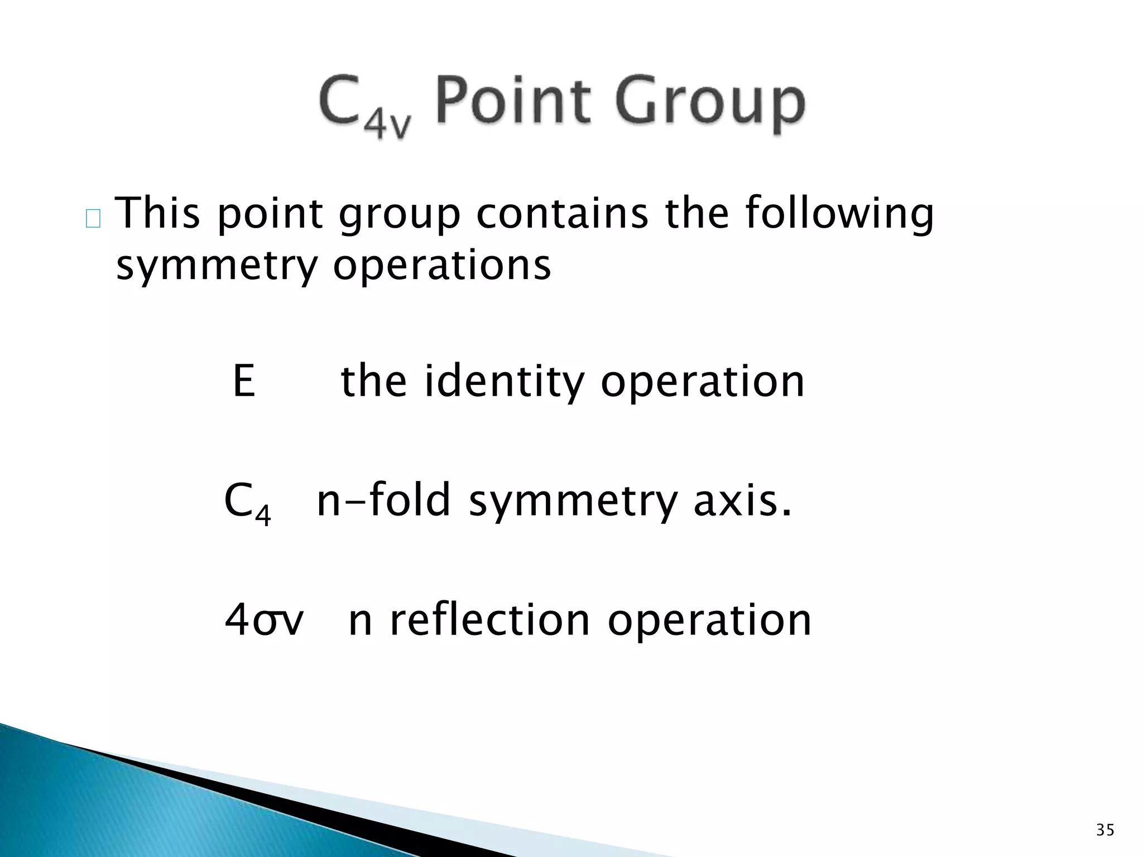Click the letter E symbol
pos(244,381)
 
